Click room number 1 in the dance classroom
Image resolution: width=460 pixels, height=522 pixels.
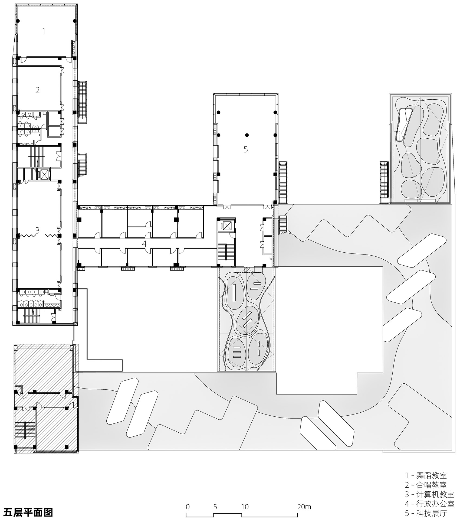point(44,32)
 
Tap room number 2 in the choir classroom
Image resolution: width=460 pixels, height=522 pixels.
point(37,90)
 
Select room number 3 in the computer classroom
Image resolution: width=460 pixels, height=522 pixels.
point(37,230)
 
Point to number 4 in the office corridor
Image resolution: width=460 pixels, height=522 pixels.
point(144,243)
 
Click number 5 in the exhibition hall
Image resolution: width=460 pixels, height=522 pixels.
point(245,149)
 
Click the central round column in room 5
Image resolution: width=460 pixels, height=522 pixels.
point(247,135)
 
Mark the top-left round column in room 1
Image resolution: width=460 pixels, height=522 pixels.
point(18,21)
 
